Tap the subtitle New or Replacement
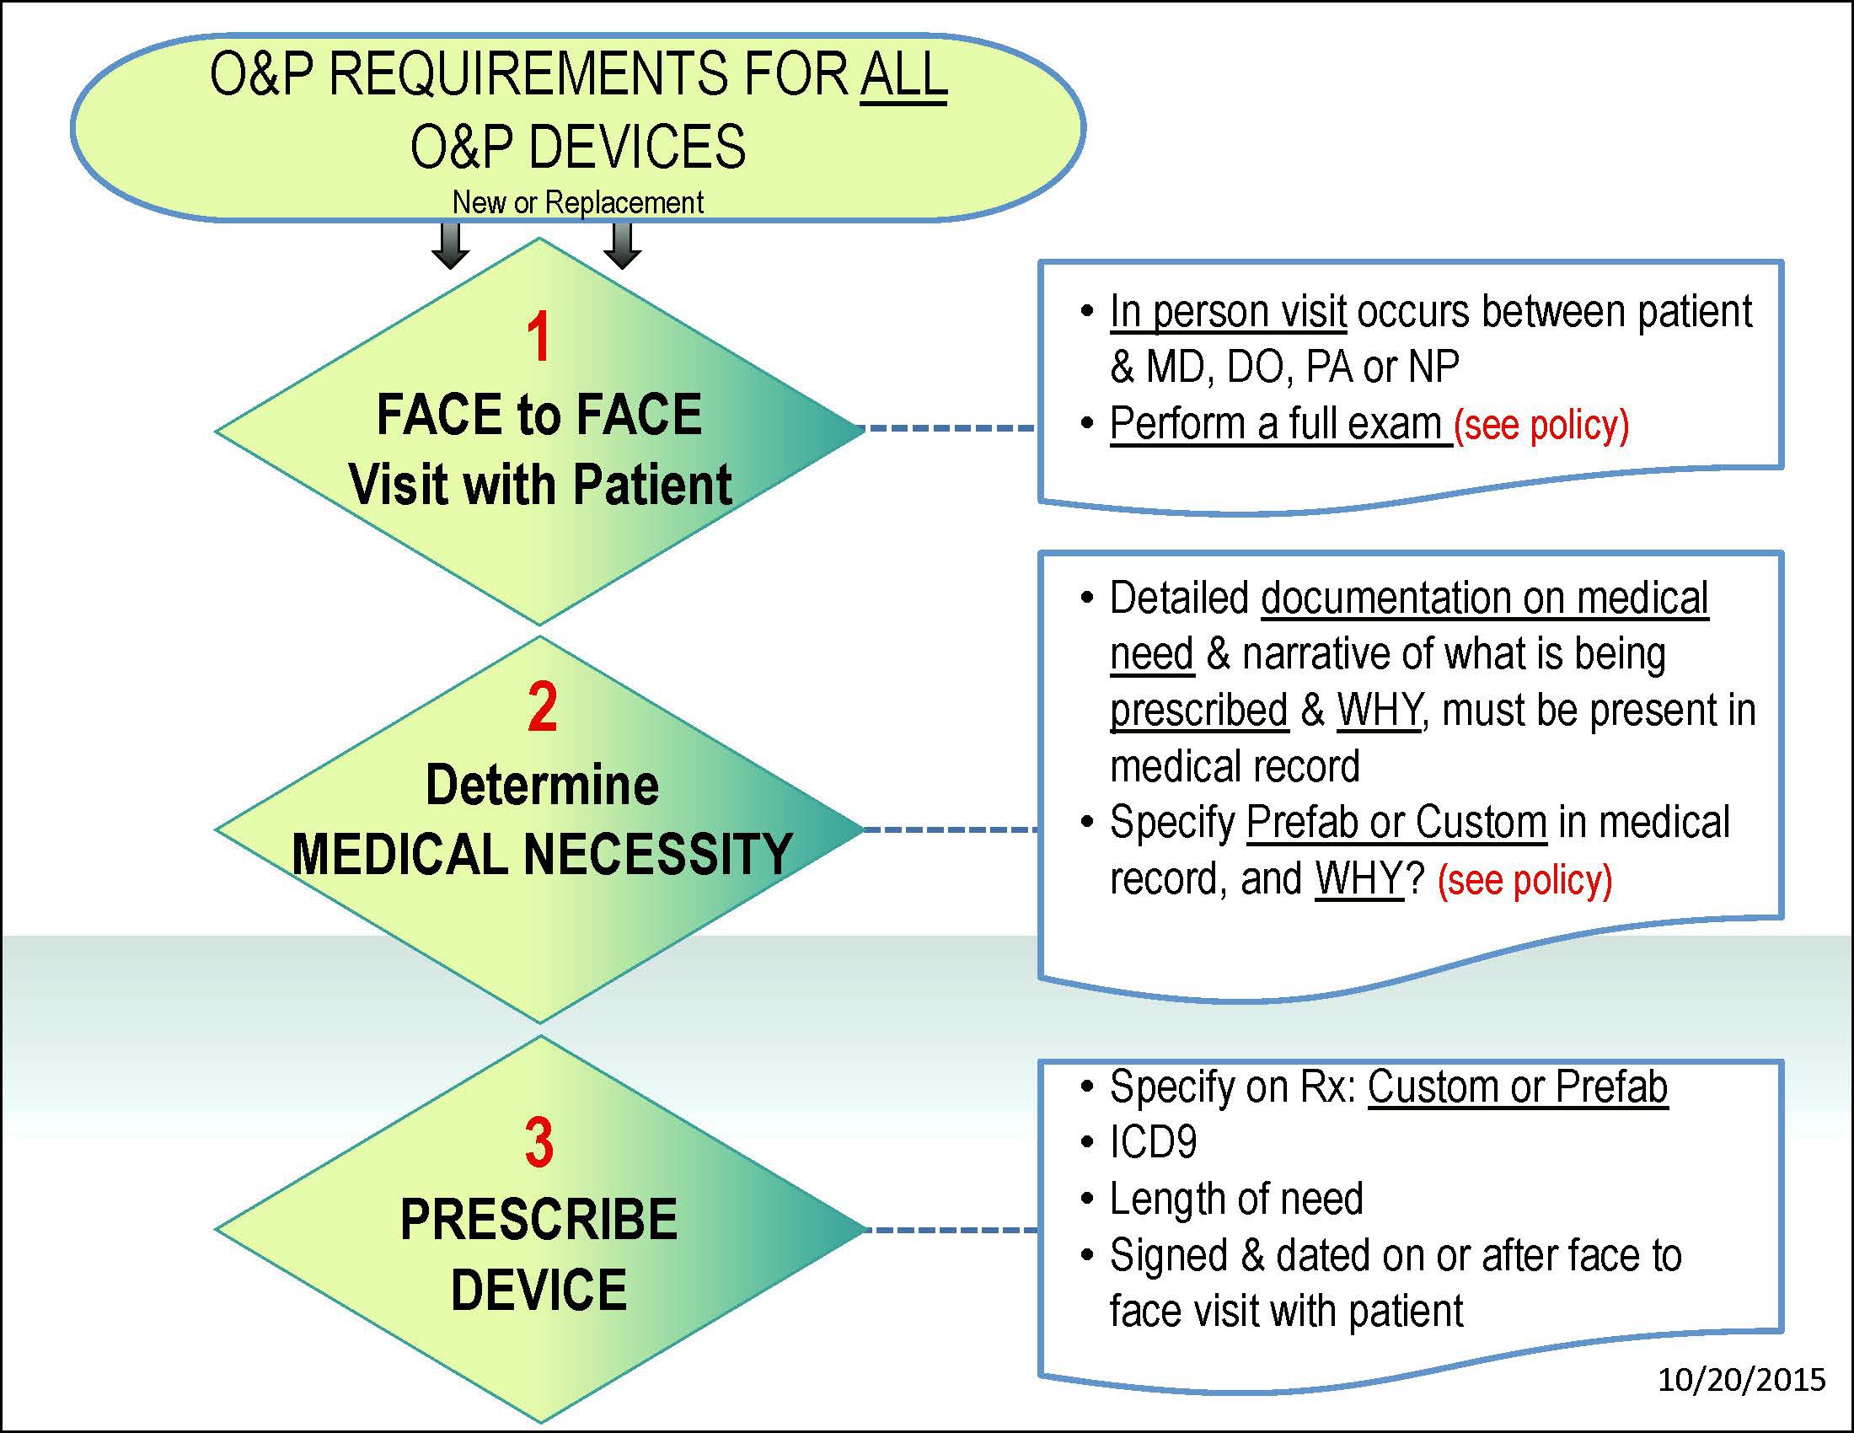577,203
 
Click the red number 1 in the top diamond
539,337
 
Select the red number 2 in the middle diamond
542,706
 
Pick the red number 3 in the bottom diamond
540,1142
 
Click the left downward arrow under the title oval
450,246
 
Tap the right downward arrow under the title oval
622,246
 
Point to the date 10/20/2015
1741,1380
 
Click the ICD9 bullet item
1153,1143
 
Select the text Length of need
1236,1199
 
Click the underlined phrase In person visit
1228,311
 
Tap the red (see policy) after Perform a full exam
1541,425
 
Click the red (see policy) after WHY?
1524,879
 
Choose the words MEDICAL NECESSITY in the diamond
542,854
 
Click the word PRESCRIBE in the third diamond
539,1220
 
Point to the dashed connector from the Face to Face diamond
949,429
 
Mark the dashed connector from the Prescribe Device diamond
949,1229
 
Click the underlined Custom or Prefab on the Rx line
1517,1087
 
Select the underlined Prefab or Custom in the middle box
1396,822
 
